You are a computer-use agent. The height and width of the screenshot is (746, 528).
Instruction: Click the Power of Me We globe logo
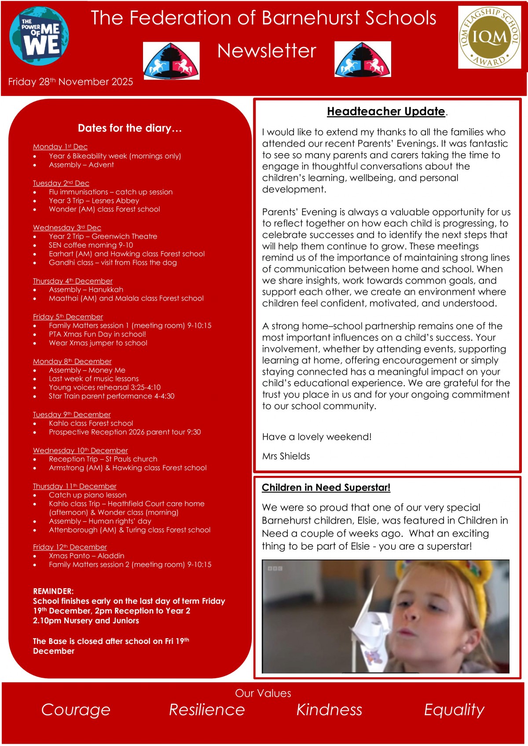tap(39, 36)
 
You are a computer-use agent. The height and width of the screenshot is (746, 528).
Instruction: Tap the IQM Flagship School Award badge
tap(489, 37)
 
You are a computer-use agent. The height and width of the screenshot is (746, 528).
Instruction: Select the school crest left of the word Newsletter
tap(171, 61)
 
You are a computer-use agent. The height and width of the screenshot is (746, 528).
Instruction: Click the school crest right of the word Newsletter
tap(363, 59)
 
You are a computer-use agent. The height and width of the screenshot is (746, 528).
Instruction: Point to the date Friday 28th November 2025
tap(70, 82)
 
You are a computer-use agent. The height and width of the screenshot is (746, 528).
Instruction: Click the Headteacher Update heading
tap(386, 111)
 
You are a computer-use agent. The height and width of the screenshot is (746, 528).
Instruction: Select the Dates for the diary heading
tap(130, 128)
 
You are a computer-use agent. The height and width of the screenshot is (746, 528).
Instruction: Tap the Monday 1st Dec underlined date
tap(60, 146)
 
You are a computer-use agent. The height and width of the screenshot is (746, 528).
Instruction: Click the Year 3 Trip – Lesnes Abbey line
tap(94, 201)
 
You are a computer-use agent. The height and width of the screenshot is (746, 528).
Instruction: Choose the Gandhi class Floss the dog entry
tap(113, 263)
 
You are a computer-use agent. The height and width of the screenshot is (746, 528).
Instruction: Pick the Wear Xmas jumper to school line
tap(98, 343)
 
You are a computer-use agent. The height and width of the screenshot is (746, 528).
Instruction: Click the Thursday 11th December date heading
tap(75, 486)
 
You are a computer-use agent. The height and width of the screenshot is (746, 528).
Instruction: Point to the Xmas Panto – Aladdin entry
tap(87, 556)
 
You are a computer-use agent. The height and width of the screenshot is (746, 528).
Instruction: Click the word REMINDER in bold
tap(53, 591)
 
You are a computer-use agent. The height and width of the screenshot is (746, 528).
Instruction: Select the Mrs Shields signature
tap(286, 456)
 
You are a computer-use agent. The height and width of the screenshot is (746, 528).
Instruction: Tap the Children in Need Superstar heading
tap(326, 487)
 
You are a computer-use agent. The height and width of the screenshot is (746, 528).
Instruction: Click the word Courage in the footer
tap(76, 709)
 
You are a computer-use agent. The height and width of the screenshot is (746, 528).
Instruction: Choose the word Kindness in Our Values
tap(329, 709)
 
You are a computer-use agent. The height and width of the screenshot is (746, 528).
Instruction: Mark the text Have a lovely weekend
tap(317, 437)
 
